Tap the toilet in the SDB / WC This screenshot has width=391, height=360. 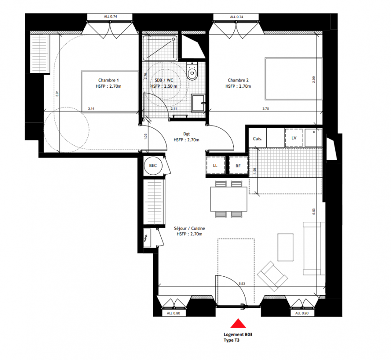click(192, 71)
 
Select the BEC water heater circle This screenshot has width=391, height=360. click(153, 166)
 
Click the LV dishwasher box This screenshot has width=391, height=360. click(294, 138)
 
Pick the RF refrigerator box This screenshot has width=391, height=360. click(238, 166)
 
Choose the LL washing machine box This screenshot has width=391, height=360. click(215, 166)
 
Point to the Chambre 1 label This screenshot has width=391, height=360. click(109, 80)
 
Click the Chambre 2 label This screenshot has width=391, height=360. click(238, 80)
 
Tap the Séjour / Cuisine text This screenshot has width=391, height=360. click(190, 228)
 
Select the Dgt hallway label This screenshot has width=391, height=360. click(186, 134)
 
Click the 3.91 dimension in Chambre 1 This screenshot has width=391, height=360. click(57, 94)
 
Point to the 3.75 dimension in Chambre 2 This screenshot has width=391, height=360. click(266, 108)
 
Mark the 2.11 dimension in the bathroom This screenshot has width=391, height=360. click(174, 108)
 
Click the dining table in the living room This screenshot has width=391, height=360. click(229, 199)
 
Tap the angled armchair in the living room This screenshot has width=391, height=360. click(272, 276)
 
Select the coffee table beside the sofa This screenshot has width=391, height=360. click(286, 247)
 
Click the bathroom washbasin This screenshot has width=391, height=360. click(198, 103)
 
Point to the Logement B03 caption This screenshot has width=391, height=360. click(238, 335)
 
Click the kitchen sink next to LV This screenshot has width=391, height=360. click(314, 138)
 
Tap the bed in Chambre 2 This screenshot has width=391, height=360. click(294, 79)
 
